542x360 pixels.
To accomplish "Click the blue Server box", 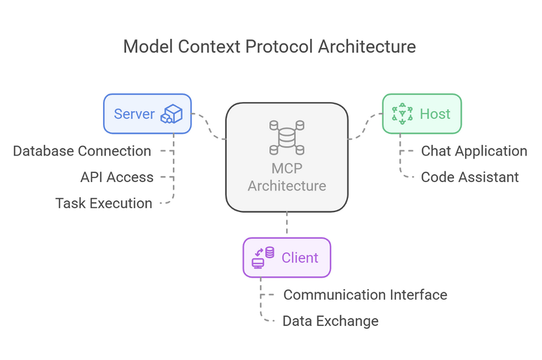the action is (x=148, y=114).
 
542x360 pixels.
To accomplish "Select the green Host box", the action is (x=422, y=114).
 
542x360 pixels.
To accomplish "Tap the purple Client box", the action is (x=287, y=258).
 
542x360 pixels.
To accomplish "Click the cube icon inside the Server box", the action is (x=171, y=114).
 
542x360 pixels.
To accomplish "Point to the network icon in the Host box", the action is (x=402, y=114).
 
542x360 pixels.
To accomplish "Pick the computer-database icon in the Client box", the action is (x=263, y=258).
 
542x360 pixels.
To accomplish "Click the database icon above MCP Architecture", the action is (x=287, y=137).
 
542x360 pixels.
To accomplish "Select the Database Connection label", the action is (x=82, y=151).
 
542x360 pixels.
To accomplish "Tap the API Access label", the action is (x=117, y=177).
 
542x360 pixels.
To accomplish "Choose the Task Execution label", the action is (x=104, y=203).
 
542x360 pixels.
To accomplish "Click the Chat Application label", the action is (x=474, y=151).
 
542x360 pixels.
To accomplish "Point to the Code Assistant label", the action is (x=470, y=177).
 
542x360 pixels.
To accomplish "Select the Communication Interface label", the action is (x=365, y=295).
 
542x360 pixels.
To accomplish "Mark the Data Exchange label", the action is (x=330, y=321).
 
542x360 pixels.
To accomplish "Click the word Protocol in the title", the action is (x=279, y=47).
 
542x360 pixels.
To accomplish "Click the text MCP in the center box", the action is (x=287, y=169).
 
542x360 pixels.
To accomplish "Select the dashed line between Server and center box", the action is (x=209, y=126).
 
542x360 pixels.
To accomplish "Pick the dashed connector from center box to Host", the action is (x=365, y=126).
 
